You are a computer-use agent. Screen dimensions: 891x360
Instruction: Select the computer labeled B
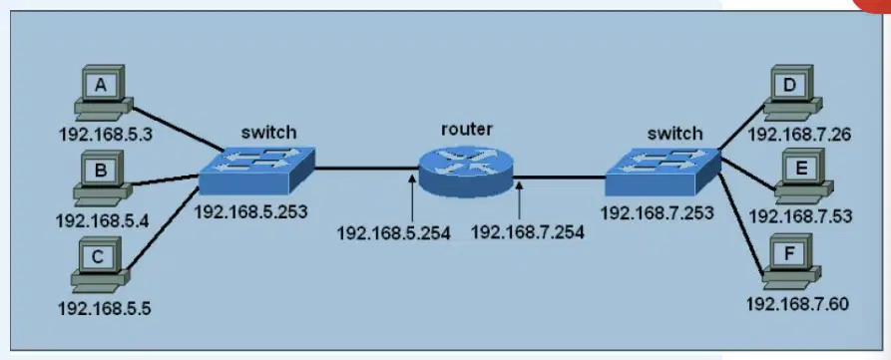[x=102, y=178]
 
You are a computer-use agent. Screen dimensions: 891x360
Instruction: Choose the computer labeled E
[x=804, y=177]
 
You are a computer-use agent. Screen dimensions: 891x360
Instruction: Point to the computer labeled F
[x=791, y=261]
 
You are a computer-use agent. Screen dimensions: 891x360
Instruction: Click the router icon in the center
[x=466, y=170]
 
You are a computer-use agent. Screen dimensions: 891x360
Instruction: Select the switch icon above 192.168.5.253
[x=256, y=171]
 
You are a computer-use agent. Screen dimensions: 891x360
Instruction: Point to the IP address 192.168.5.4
[x=103, y=219]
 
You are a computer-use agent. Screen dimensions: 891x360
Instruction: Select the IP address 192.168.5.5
[x=105, y=308]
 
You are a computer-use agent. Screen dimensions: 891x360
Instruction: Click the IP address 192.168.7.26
[x=799, y=134]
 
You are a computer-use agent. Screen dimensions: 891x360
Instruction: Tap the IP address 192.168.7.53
[x=800, y=216]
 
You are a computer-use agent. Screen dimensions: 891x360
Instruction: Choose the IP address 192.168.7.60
[x=798, y=304]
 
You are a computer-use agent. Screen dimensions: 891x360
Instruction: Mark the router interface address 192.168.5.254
[x=394, y=232]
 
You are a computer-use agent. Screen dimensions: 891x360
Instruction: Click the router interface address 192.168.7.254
[x=528, y=232]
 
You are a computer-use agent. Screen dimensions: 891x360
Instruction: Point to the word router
[x=467, y=129]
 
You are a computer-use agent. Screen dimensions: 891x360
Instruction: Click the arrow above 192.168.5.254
[x=412, y=198]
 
